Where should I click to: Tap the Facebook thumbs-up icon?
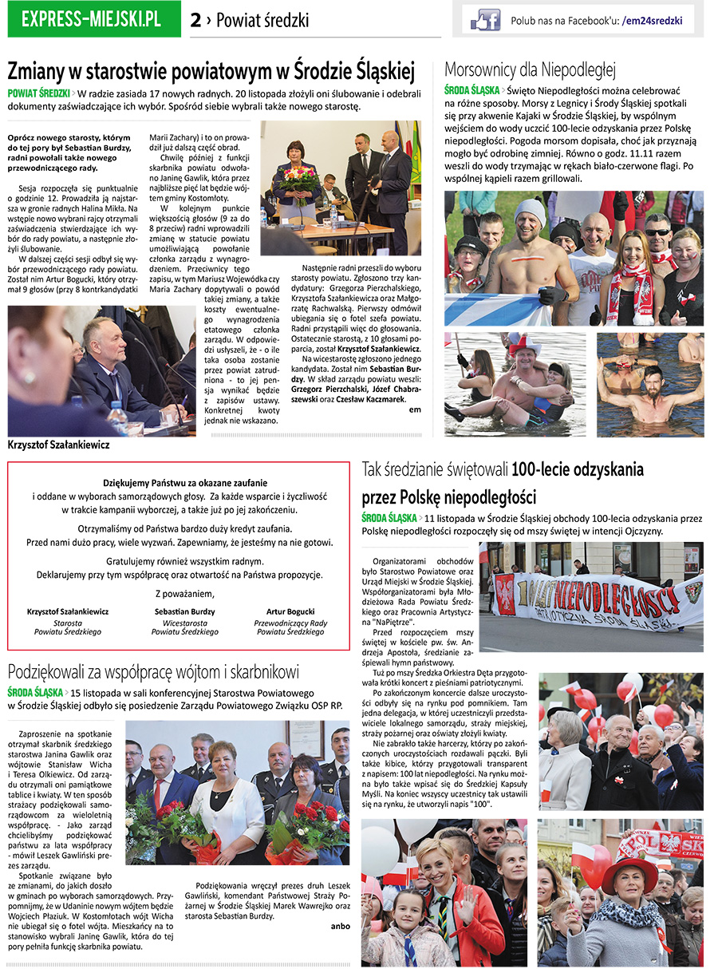coord(485,19)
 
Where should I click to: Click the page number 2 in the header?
coord(195,21)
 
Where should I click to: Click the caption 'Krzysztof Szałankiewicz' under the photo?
coord(58,445)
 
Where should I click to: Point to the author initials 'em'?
coord(414,409)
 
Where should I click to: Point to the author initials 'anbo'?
coord(341,926)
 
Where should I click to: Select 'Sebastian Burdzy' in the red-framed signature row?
coord(184,611)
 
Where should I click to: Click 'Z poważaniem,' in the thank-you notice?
coord(184,593)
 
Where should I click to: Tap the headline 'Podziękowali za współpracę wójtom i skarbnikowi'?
coord(153,670)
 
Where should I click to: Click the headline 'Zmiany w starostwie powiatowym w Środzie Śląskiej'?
coord(211,72)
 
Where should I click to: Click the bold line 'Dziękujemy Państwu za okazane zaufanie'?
coord(185,483)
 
